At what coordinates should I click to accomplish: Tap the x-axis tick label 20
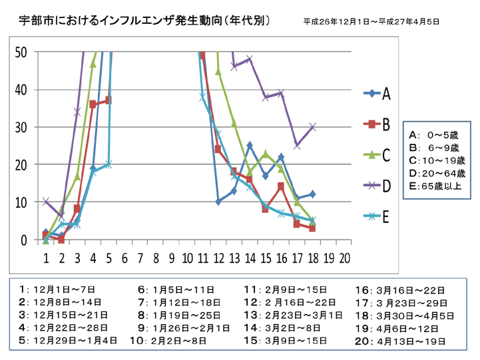coord(345,258)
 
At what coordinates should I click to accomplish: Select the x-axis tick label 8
coord(156,258)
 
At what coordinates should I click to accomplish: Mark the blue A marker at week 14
coord(250,144)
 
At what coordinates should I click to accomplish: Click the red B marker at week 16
coord(281,186)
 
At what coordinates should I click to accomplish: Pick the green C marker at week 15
coord(265,154)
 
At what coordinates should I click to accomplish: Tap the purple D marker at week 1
coord(45,202)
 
